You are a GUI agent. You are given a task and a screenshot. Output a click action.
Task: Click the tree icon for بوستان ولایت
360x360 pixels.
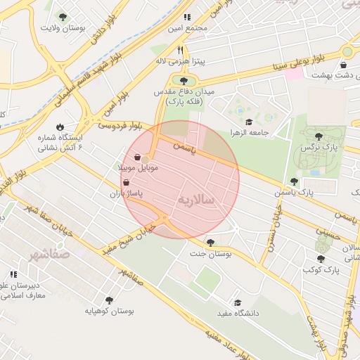(63, 17)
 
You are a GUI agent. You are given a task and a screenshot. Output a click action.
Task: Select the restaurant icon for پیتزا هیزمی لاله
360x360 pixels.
(181, 50)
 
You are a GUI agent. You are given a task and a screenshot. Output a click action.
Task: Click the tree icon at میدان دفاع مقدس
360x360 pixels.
(184, 80)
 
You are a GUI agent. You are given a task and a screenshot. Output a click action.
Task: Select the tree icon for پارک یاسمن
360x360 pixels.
(294, 181)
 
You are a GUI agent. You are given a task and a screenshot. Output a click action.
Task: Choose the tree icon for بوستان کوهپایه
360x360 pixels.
(109, 300)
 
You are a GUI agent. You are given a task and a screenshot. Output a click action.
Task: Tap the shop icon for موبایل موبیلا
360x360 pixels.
(137, 157)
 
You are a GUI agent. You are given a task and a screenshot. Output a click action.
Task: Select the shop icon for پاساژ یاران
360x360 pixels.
(126, 181)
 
